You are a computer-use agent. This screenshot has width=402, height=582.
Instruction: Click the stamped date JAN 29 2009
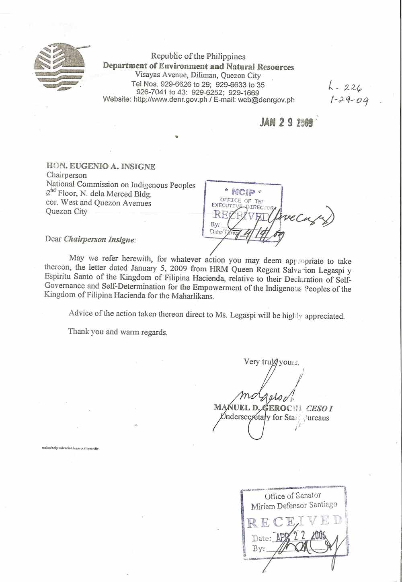click(x=286, y=122)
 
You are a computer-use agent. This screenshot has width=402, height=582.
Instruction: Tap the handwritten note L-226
click(x=345, y=87)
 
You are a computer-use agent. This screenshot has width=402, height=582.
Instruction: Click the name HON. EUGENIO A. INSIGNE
click(x=101, y=166)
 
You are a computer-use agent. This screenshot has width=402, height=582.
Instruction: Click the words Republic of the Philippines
click(x=198, y=56)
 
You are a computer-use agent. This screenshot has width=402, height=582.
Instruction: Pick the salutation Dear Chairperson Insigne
click(x=91, y=239)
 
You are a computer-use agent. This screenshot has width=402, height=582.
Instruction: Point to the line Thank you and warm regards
click(x=118, y=332)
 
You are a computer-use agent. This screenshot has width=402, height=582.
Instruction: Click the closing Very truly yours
click(x=271, y=362)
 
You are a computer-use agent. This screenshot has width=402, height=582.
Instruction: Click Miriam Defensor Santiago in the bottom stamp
click(x=294, y=505)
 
